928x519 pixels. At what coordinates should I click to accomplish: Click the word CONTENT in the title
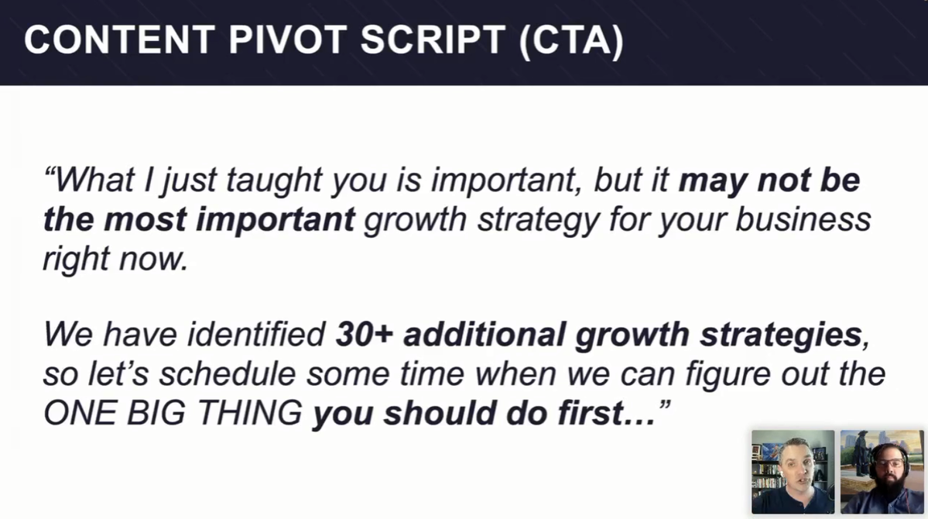click(119, 40)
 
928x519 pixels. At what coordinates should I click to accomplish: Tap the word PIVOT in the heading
click(288, 40)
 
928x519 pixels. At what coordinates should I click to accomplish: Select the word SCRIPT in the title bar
click(432, 40)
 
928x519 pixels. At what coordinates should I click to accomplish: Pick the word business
click(803, 219)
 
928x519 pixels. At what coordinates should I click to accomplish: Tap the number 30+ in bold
click(365, 335)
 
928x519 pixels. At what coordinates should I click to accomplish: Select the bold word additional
click(485, 335)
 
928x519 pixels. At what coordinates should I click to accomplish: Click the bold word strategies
click(781, 336)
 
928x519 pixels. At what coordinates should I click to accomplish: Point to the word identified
click(256, 335)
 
